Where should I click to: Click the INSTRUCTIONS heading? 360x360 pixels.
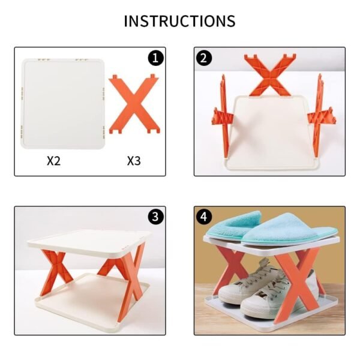(179, 21)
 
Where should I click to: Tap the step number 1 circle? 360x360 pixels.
(156, 58)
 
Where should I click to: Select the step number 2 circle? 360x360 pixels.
(205, 58)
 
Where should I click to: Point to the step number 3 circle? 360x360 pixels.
(156, 216)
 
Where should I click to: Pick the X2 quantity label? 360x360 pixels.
(54, 160)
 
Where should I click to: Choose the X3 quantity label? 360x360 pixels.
(134, 160)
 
